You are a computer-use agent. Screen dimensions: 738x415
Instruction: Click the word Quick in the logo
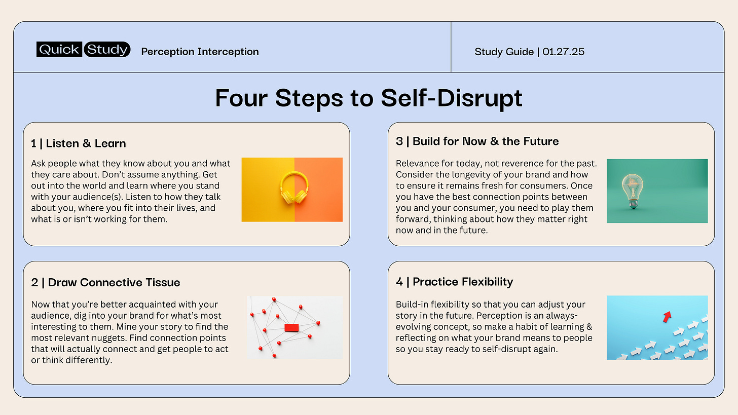coord(59,50)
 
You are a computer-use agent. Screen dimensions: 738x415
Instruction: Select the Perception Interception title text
coord(200,52)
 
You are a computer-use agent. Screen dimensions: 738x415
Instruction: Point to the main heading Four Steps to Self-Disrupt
coord(368,98)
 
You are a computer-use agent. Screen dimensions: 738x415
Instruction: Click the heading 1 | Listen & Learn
coord(78,143)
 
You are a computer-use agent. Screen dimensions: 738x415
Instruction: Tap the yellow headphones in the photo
coord(294,188)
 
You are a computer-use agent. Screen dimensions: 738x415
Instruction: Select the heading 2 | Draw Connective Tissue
coord(105,282)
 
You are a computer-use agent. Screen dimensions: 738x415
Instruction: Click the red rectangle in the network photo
coord(292,328)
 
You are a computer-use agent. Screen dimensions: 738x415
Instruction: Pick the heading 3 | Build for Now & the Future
coord(477,141)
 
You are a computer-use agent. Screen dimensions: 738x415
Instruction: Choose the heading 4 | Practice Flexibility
coord(454,282)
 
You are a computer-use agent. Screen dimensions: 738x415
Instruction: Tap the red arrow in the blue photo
coord(667,317)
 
